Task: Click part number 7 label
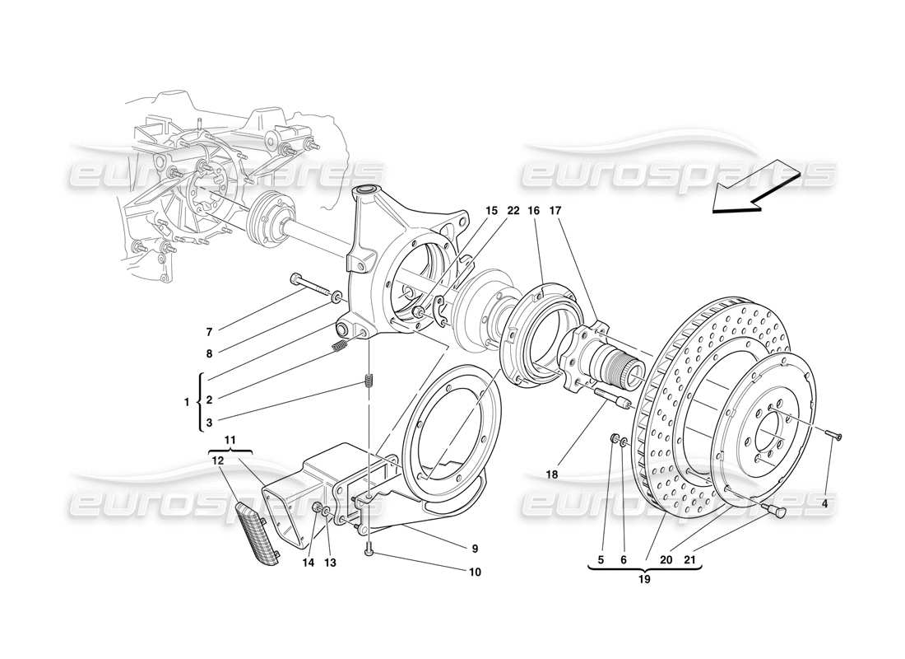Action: (x=210, y=332)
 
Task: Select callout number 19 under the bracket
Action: (x=645, y=579)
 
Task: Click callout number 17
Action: (x=555, y=212)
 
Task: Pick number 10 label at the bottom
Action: (x=475, y=572)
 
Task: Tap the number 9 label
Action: (x=475, y=548)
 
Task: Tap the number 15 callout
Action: (x=491, y=212)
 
